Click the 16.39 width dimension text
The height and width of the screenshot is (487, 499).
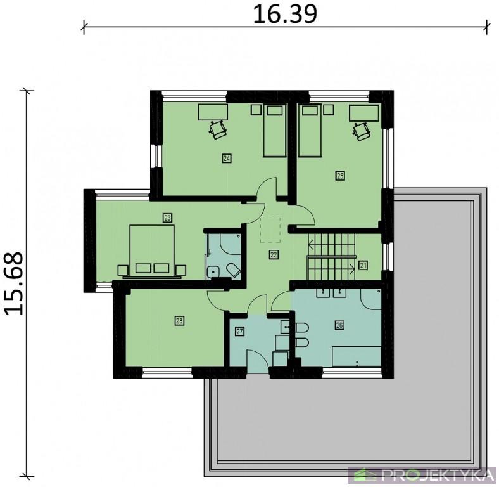tap(285, 15)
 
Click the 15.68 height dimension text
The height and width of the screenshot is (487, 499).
tap(14, 284)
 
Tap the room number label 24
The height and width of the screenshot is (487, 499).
tap(227, 158)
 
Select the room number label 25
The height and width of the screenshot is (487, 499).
tap(340, 176)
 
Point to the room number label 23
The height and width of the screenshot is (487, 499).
tap(167, 218)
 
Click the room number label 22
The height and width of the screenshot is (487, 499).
tap(274, 255)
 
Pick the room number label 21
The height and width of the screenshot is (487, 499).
tap(363, 265)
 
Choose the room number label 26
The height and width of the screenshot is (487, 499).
tap(339, 325)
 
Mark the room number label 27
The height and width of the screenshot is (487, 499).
tap(239, 332)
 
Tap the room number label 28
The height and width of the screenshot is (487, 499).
tap(179, 321)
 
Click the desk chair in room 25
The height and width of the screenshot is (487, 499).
tap(361, 131)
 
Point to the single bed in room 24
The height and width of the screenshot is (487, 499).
tap(275, 131)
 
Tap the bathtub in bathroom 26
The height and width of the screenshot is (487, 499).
tap(357, 356)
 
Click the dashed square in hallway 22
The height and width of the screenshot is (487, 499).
tap(270, 230)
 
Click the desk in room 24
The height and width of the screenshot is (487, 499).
tap(213, 112)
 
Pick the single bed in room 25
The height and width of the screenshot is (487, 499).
tap(309, 131)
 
